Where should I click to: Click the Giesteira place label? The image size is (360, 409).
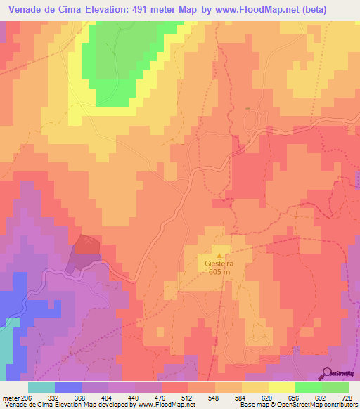click(221, 265)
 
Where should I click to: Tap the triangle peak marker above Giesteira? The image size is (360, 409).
click(221, 256)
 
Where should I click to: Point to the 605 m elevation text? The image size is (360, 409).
click(221, 273)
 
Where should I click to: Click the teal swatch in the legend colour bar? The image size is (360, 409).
click(41, 387)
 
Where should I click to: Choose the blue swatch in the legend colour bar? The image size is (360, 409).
click(68, 387)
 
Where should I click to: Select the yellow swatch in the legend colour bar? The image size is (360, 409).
click(282, 387)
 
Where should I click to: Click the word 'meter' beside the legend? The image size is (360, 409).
click(11, 398)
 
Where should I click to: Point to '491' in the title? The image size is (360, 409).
click(142, 9)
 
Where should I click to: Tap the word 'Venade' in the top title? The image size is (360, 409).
click(26, 9)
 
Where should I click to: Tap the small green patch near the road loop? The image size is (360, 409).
click(247, 108)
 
